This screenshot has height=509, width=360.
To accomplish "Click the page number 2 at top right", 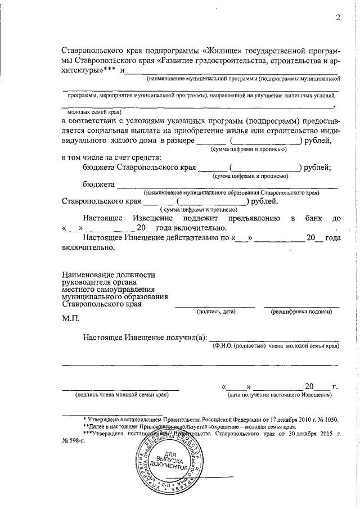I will [x=338, y=17].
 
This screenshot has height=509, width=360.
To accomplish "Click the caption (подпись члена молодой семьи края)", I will [x=122, y=395].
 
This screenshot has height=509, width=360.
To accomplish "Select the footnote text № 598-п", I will [x=73, y=441].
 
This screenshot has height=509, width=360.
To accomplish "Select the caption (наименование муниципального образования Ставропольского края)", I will [x=231, y=192].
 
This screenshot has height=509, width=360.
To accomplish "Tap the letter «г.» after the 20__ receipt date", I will [x=335, y=386].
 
